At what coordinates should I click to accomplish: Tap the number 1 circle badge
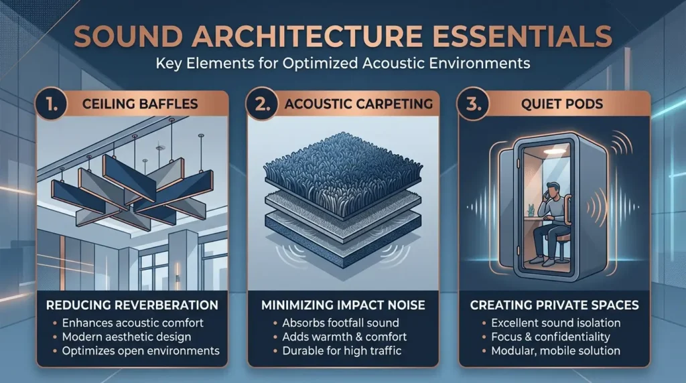coord(51,104)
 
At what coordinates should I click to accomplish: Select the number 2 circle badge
coord(262,104)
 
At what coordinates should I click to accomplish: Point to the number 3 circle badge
coord(473,104)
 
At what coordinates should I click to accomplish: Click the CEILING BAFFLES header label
coord(140,104)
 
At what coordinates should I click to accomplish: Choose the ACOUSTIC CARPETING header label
coord(359,104)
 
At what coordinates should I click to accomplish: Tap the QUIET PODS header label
coord(562,104)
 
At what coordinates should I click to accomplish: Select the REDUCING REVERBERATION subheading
coord(132,305)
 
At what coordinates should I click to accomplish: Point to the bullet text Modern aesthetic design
coord(127,337)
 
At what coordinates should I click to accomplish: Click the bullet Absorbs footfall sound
coord(340,323)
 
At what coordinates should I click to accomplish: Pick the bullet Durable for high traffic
coord(342,351)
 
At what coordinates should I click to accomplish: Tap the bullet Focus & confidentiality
coord(551,337)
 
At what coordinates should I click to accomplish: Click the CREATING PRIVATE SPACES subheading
coord(554,305)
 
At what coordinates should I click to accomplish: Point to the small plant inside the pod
coord(531,210)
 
